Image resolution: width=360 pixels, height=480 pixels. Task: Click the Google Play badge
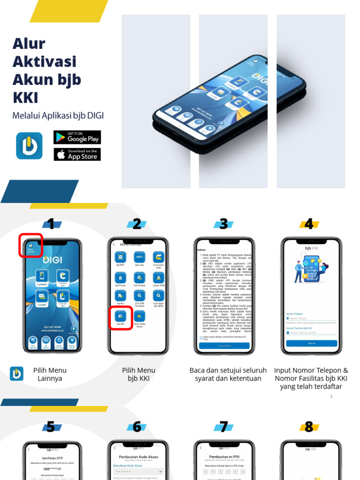point(77,137)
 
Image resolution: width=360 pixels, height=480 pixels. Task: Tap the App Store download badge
point(77,154)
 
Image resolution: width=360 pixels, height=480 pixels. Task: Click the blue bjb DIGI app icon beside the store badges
point(29,145)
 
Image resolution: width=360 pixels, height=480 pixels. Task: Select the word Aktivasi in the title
point(44,61)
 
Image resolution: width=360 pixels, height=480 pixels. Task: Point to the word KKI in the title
point(25,97)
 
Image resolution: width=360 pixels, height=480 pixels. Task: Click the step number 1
point(51,224)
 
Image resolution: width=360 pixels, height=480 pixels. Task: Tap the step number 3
point(224,224)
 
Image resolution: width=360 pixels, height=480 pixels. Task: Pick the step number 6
point(137,427)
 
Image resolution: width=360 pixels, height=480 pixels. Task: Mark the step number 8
point(309,427)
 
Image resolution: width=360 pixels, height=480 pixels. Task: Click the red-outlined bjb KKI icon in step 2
point(120,317)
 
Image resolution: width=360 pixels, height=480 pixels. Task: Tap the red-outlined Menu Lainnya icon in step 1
point(30,246)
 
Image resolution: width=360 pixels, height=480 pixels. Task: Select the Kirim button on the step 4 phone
point(311,343)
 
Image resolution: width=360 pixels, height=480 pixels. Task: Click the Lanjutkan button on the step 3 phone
point(224,345)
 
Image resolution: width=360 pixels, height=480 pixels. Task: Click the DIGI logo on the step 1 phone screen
point(52,259)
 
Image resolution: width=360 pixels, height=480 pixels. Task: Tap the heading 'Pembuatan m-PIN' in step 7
point(224,456)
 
